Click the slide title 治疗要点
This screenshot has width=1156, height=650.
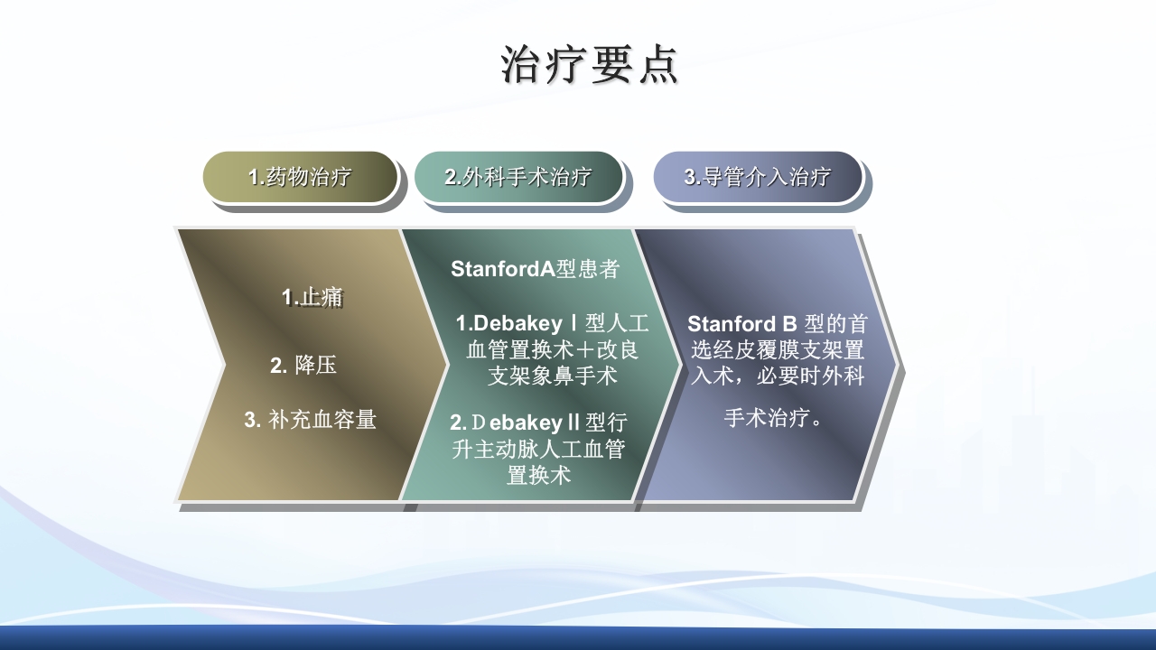coord(589,66)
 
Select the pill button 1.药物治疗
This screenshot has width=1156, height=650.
coord(300,177)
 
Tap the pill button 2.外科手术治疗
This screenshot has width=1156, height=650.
coord(518,177)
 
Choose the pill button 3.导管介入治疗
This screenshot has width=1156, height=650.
coord(757,177)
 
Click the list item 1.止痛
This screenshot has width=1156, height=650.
coord(312,297)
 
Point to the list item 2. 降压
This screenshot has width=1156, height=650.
coord(303,366)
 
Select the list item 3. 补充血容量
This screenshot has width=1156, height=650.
coord(310,420)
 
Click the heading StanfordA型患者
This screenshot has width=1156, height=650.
coord(535,269)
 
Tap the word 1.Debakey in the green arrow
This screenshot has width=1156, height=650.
coord(508,323)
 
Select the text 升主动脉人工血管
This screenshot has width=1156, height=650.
coord(538,449)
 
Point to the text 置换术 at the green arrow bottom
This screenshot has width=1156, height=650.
coord(538,475)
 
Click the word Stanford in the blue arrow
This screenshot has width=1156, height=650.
coord(731,324)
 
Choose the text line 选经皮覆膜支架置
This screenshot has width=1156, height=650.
coord(778,350)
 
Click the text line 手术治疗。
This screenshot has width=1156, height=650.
coord(774,419)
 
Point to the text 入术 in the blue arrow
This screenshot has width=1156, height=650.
coord(711,376)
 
